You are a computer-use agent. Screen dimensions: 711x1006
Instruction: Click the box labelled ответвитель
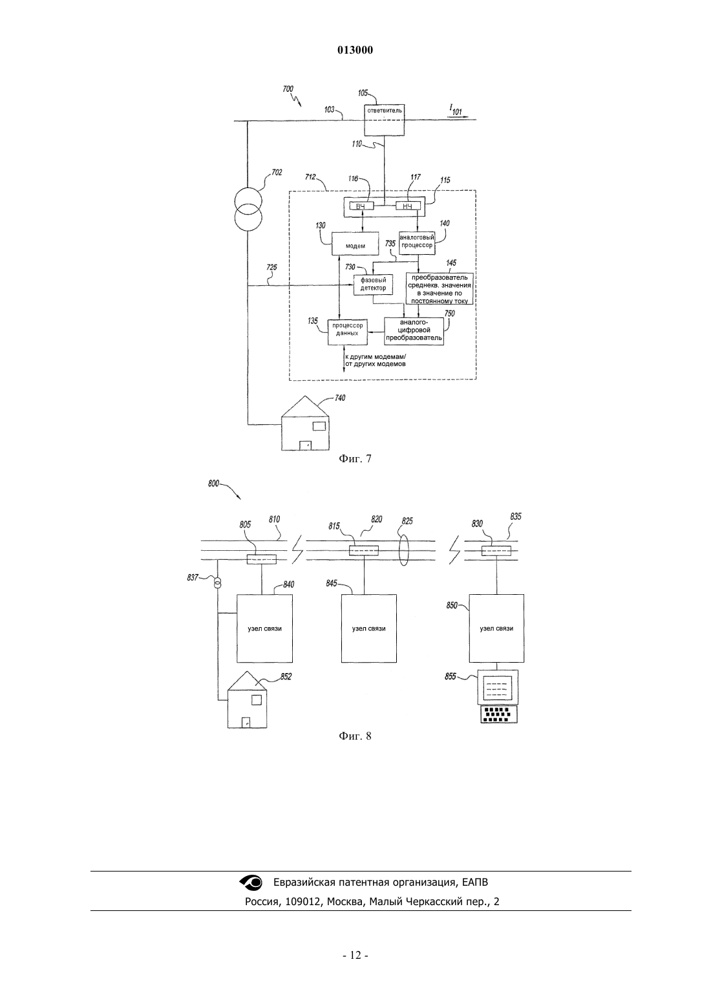pos(384,120)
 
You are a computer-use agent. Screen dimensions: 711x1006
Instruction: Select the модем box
pos(355,244)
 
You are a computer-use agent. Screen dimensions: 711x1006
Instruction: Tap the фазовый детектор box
pos(372,284)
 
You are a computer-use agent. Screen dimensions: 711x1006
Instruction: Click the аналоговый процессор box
pos(417,242)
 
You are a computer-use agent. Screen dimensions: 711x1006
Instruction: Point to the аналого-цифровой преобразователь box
pos(414,331)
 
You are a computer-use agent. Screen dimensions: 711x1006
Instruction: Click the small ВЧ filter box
pos(360,206)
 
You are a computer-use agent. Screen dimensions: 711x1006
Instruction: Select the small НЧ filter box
pos(408,206)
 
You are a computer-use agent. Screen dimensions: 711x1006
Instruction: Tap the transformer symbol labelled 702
pos(248,208)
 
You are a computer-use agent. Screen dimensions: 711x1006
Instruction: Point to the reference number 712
pos(310,177)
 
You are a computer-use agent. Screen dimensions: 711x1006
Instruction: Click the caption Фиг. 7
pos(355,458)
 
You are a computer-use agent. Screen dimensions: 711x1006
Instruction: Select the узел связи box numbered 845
pos(368,628)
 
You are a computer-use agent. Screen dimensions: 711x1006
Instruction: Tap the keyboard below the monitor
pos(499,714)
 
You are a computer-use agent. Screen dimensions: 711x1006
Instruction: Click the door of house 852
pos(246,723)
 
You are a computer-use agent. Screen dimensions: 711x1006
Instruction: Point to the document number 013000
pos(355,50)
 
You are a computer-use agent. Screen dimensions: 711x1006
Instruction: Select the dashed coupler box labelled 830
pos(496,551)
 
